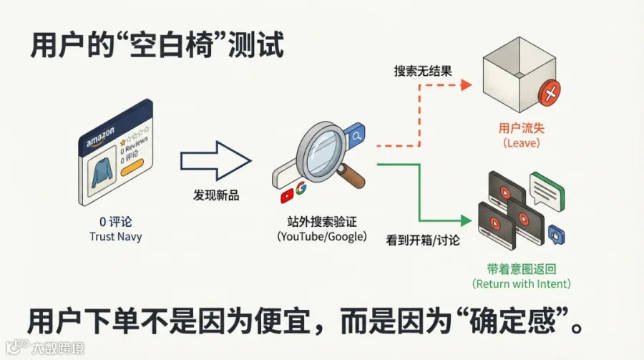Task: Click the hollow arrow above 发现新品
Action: click(x=215, y=160)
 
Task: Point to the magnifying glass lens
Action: click(x=317, y=145)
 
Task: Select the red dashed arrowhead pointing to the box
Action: click(x=466, y=85)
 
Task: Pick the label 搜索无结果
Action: click(x=422, y=71)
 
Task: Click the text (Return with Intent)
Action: click(x=521, y=284)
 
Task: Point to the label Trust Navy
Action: click(x=116, y=236)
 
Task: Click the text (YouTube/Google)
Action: click(x=321, y=236)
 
